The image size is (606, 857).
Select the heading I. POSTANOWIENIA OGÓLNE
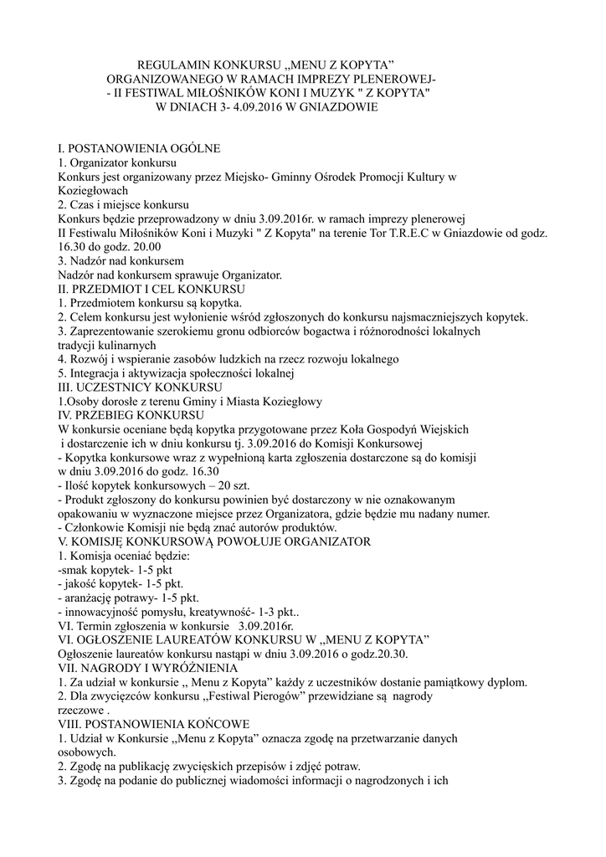139,148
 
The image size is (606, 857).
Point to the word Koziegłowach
93,190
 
